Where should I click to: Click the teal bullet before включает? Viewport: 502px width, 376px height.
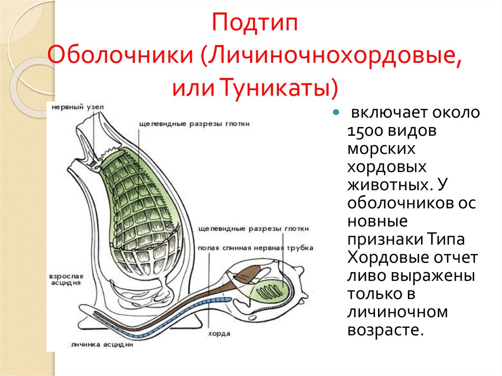(336, 113)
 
